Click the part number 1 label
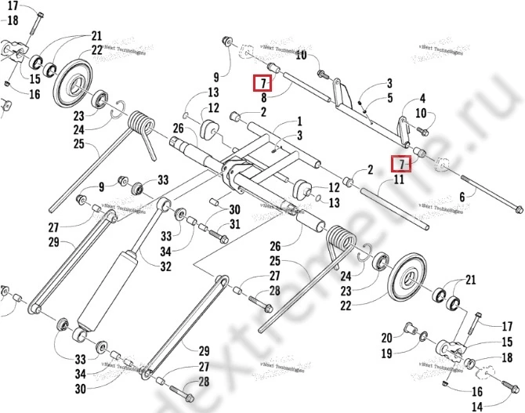(x=299, y=122)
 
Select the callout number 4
(x=422, y=99)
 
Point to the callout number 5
(x=389, y=98)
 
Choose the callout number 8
(x=264, y=98)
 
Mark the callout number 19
(x=386, y=353)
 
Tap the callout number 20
(x=386, y=338)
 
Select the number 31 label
(x=235, y=225)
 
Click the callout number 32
(x=166, y=266)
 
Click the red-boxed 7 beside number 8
(x=263, y=83)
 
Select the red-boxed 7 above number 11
(x=400, y=165)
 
